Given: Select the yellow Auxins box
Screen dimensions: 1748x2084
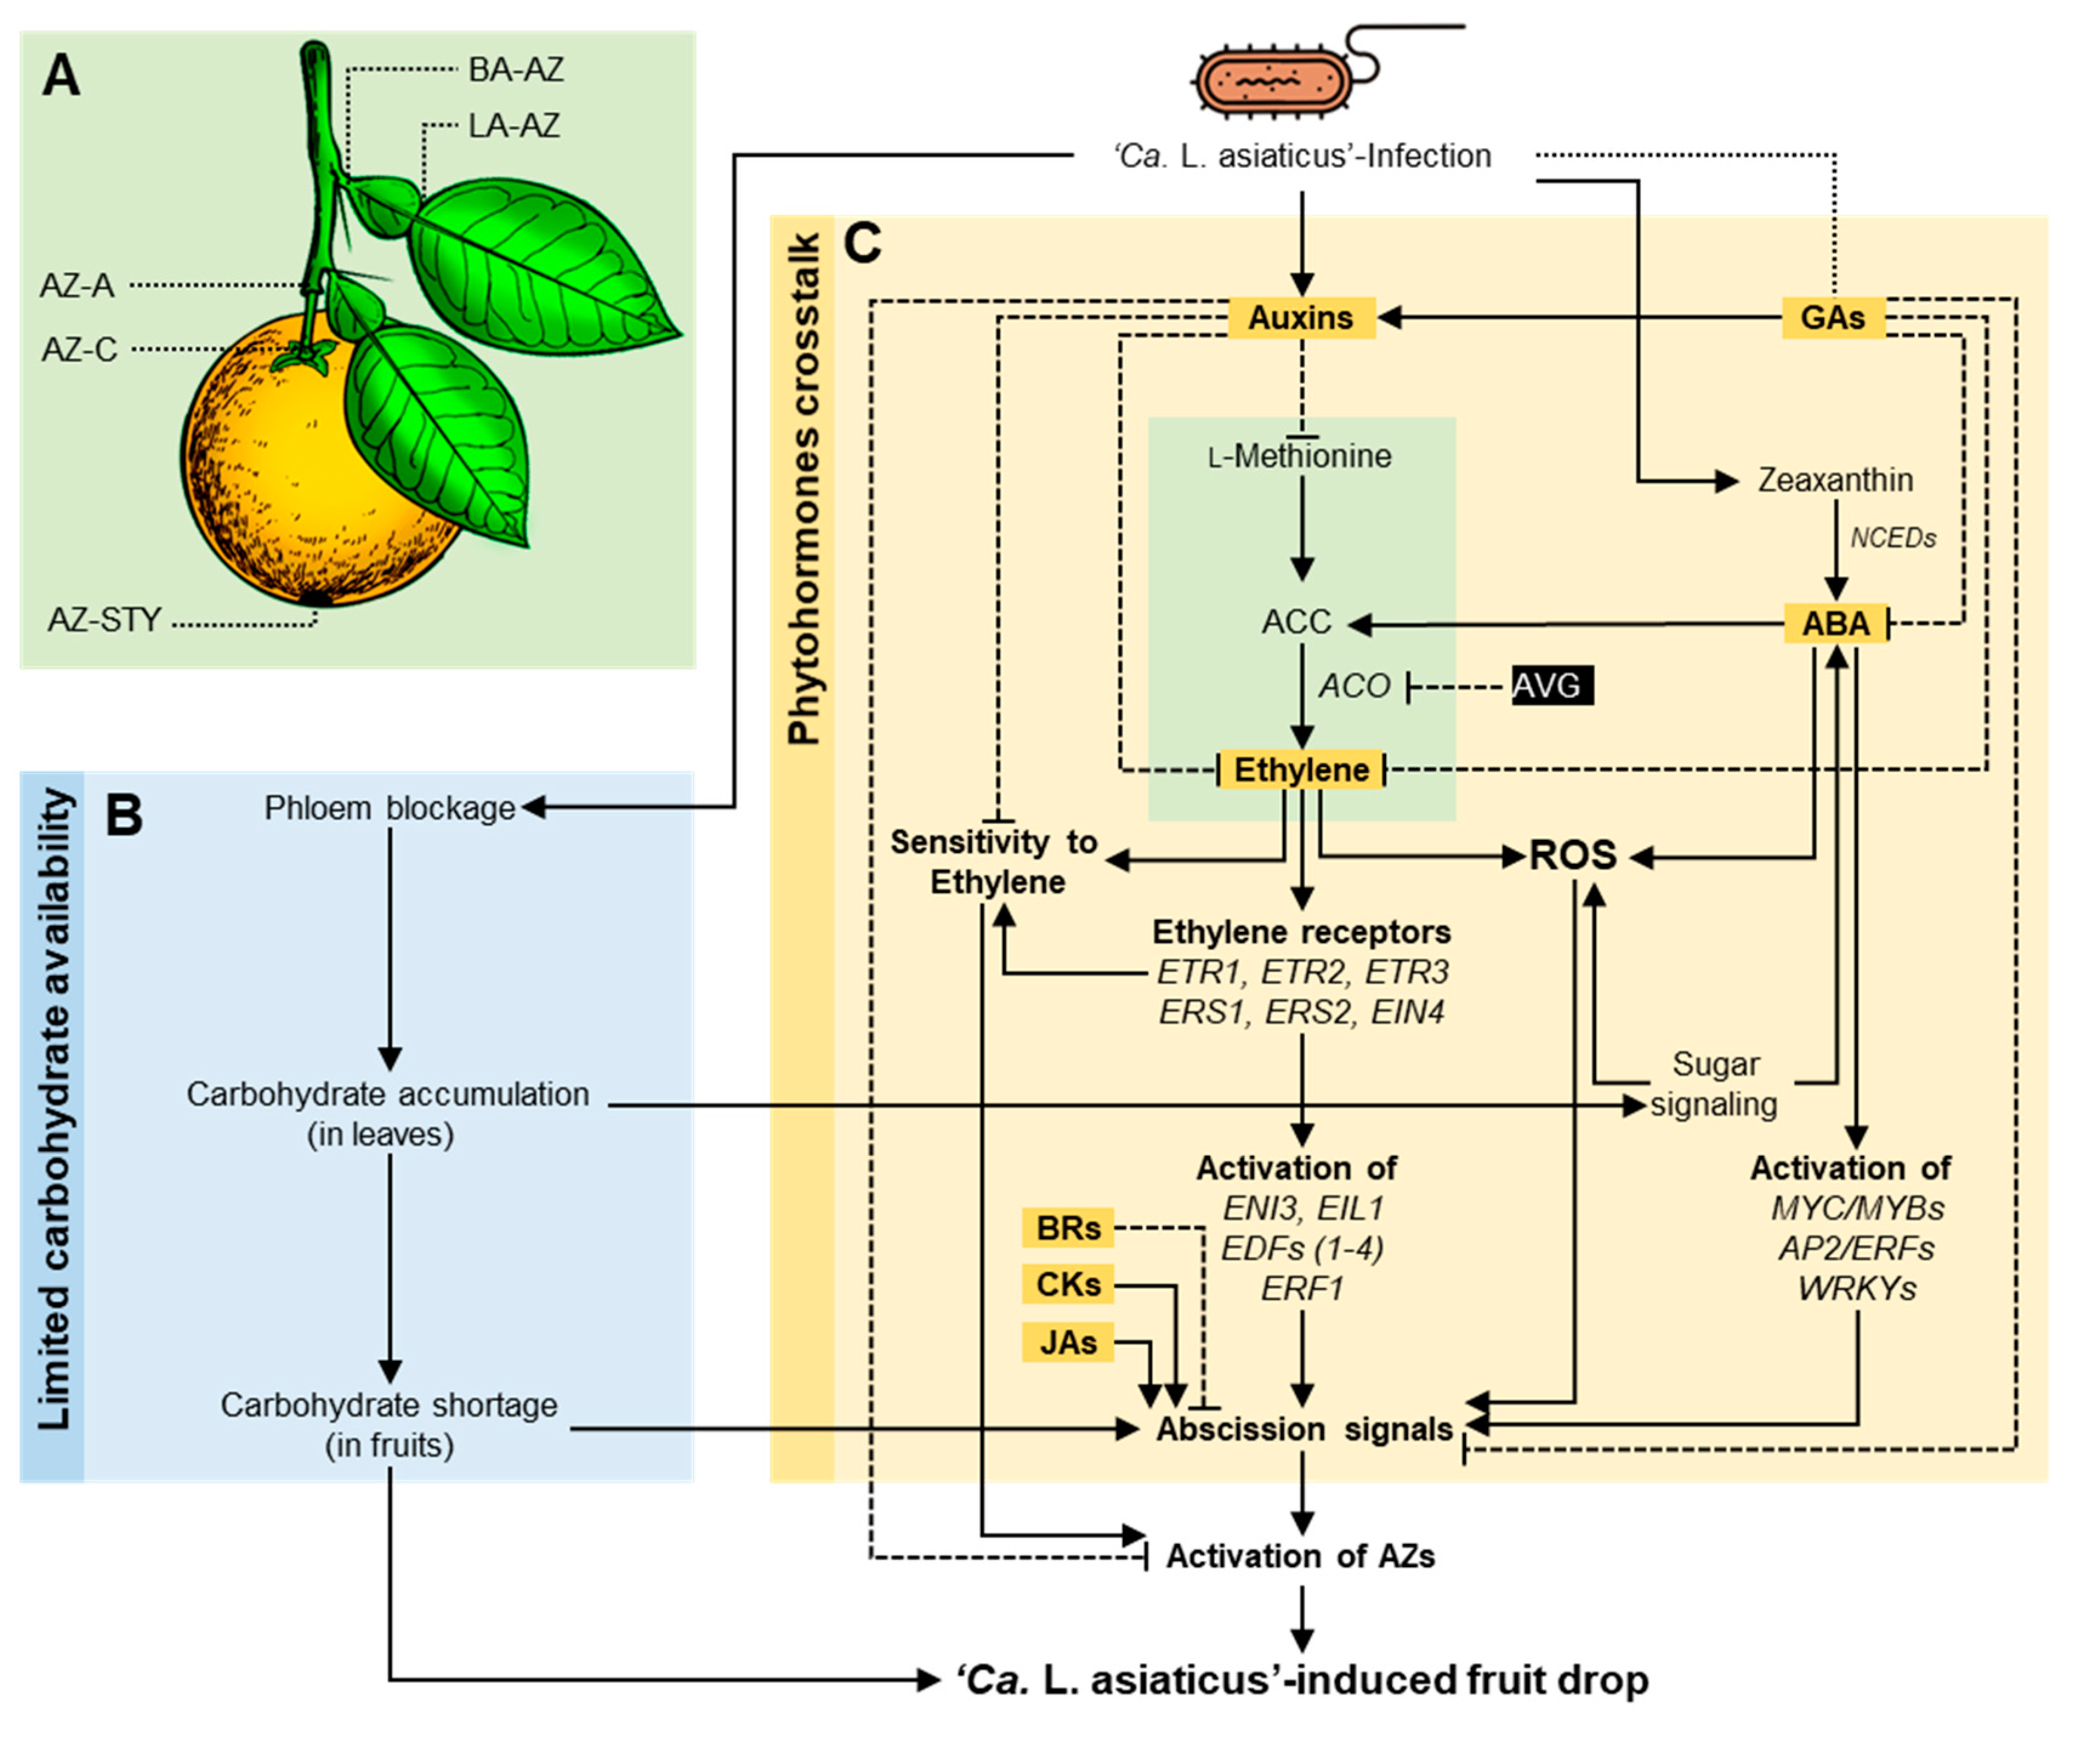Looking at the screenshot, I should pos(1301,318).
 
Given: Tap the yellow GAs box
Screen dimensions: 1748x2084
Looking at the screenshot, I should pos(1832,318).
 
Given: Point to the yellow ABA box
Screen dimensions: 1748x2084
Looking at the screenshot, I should pos(1835,624).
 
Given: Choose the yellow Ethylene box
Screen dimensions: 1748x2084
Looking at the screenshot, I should pos(1301,769).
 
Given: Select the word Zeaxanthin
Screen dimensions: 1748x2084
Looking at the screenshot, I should pos(1835,480).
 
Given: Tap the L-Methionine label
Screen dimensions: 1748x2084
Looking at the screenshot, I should pos(1300,457).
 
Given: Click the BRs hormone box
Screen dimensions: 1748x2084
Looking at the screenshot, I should pos(1068,1228).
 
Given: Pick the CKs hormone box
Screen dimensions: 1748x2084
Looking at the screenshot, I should pos(1068,1285).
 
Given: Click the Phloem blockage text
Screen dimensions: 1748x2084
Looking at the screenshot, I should pos(389,808).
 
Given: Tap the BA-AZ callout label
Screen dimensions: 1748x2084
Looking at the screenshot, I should pos(515,69).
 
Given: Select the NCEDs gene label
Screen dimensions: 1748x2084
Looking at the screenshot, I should pos(1892,538).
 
